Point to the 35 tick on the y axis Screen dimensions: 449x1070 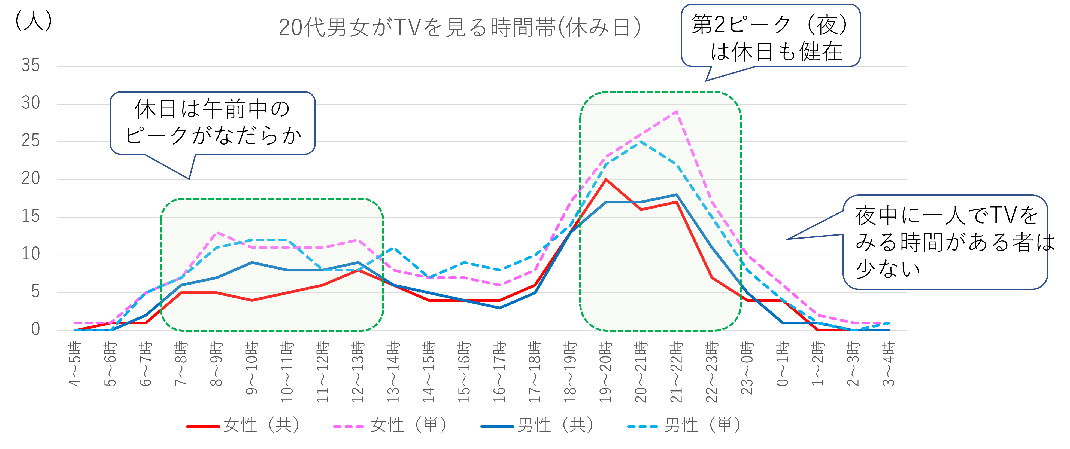[x=31, y=66]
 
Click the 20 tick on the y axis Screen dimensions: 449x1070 [x=31, y=179]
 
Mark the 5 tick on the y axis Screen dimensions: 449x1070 [x=35, y=292]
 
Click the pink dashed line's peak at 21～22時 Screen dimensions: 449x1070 [x=677, y=111]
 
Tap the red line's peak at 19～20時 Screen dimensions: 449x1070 [x=606, y=179]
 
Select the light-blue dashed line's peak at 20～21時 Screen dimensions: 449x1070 [x=641, y=142]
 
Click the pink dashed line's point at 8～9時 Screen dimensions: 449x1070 [x=216, y=232]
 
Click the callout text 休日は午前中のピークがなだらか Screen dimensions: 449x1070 [x=212, y=123]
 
